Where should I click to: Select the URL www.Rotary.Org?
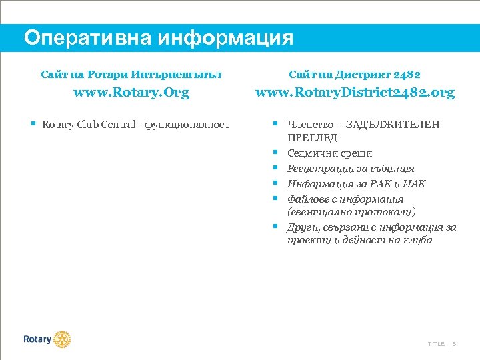coord(131,93)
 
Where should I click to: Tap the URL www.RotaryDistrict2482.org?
coord(355,93)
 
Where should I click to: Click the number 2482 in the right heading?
coord(407,75)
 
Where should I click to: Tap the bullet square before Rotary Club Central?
coord(33,124)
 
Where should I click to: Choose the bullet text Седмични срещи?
coord(321,153)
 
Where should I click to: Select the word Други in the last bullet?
coord(301,227)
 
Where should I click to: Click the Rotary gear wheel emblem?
coord(62,339)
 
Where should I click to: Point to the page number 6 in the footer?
coord(454,344)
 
